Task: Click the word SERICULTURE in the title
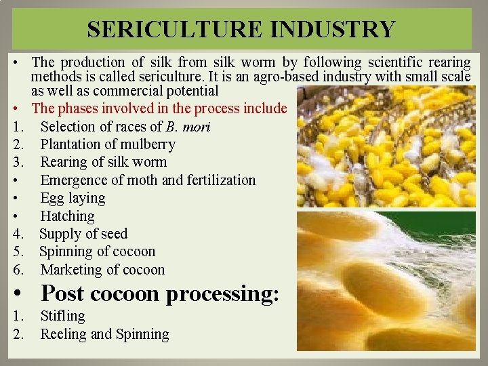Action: [172, 29]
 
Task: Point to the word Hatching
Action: [67, 216]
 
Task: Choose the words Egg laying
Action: [73, 198]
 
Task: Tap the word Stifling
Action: [62, 316]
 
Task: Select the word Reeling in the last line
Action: [63, 334]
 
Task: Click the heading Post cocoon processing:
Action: [160, 293]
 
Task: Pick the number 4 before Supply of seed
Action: [16, 234]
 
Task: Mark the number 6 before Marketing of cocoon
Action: [16, 270]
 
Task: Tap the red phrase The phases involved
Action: [87, 108]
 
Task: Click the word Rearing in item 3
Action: [65, 162]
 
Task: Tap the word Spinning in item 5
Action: [68, 251]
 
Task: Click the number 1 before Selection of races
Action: [16, 126]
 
